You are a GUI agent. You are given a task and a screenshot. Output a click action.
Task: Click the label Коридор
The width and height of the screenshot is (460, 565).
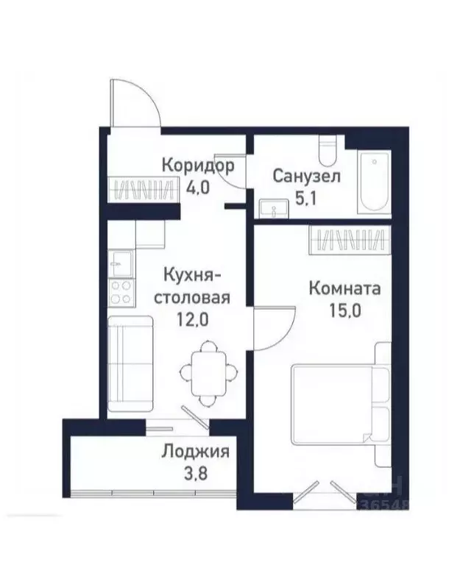point(198,165)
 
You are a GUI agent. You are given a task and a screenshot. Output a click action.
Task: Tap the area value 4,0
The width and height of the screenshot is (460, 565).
point(198,187)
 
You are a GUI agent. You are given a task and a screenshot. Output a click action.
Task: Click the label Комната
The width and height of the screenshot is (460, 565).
point(344,288)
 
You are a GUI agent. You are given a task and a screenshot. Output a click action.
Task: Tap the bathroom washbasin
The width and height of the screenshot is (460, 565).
point(275,209)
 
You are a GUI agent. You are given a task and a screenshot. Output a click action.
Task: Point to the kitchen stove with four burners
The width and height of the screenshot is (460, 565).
point(121,292)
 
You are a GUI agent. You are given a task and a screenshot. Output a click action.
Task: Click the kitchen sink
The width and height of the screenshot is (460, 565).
point(121,261)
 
